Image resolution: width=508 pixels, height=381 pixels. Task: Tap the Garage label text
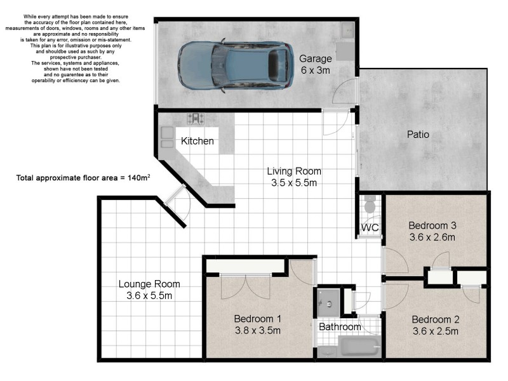[x=315, y=59]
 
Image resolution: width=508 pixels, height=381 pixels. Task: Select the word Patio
[x=418, y=135]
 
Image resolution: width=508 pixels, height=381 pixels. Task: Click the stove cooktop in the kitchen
[x=196, y=117]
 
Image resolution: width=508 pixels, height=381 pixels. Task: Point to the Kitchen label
[x=197, y=141]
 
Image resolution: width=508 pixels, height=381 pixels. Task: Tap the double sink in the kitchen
[x=168, y=137]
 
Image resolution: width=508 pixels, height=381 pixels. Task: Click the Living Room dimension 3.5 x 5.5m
[x=293, y=183]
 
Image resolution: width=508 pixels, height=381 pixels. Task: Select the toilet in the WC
[x=370, y=205]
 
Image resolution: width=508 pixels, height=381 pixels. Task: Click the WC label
[x=370, y=227]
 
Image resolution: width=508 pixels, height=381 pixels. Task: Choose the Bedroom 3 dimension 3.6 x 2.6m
[x=432, y=237]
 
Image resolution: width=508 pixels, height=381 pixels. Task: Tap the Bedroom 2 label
[x=435, y=319]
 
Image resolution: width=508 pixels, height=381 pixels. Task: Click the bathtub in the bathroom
[x=359, y=347]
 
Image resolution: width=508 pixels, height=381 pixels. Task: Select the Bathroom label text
[x=340, y=327]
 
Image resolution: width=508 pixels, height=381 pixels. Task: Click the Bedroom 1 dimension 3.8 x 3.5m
[x=257, y=330]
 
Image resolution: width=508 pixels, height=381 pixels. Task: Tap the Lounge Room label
[x=149, y=284]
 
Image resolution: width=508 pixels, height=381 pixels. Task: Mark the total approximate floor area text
[x=83, y=178]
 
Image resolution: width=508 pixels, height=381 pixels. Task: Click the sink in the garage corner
[x=347, y=30]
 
